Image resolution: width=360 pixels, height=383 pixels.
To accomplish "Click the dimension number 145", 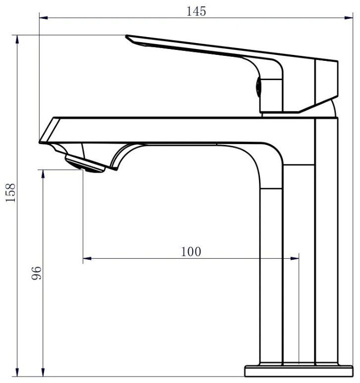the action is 196,11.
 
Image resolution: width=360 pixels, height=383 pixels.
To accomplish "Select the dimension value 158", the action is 11,192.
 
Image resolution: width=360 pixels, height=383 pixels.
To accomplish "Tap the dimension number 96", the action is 37,273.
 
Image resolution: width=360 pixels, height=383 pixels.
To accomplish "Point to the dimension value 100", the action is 191,251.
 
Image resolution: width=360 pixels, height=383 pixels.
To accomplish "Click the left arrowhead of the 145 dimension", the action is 43,18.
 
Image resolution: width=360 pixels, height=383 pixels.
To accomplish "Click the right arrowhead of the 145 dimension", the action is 349,18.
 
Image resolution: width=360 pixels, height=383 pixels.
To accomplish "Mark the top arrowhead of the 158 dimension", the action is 17,39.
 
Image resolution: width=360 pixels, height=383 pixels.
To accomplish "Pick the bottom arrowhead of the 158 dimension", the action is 17,372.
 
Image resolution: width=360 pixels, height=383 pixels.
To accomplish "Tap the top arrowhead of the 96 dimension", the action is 43,174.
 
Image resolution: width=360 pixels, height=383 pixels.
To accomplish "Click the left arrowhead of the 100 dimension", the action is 87,258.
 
